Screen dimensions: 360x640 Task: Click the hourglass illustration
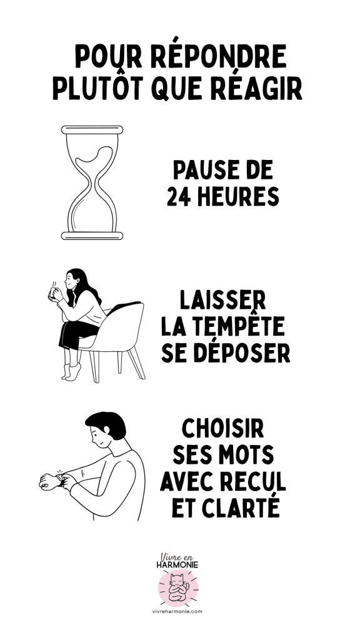[x=92, y=182]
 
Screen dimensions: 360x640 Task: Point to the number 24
[x=179, y=197]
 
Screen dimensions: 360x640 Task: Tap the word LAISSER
[x=223, y=301]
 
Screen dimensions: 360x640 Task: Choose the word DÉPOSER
[x=242, y=352]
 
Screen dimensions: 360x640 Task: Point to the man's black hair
[x=107, y=424]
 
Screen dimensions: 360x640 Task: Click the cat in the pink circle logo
[x=178, y=587]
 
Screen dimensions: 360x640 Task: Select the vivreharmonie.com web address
[x=177, y=611]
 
